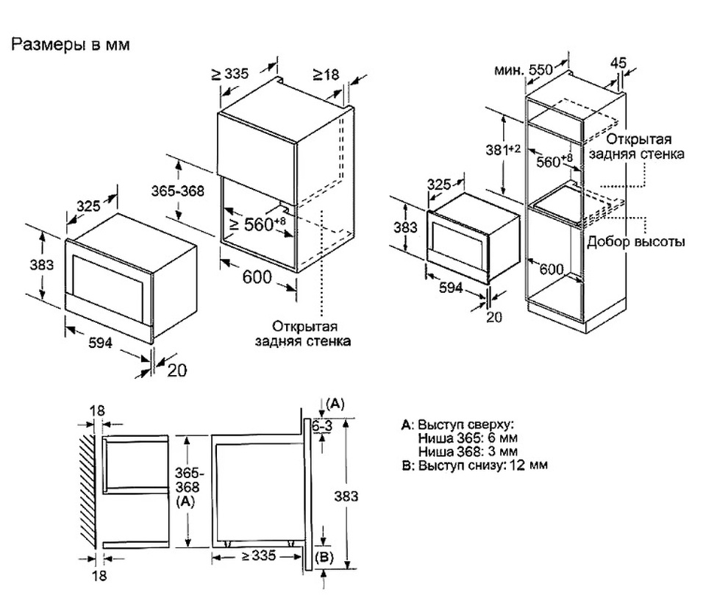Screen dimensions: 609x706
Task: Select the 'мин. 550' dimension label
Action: click(523, 69)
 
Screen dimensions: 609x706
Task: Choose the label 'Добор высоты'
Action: click(636, 242)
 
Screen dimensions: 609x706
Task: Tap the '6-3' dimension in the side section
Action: click(321, 426)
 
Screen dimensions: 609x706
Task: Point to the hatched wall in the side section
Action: click(88, 488)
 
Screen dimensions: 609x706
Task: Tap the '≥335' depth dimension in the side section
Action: click(257, 557)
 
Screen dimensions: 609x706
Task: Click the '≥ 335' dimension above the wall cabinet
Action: click(230, 74)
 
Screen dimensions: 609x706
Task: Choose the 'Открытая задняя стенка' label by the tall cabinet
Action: click(636, 147)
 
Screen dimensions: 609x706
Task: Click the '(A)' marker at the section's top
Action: click(335, 403)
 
